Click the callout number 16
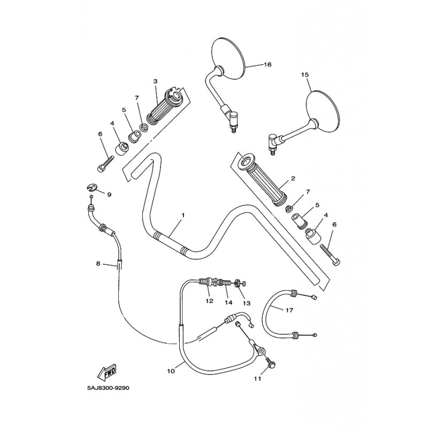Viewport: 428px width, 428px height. tap(267, 64)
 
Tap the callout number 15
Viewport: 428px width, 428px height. tap(305, 75)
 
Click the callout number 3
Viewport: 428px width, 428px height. tap(155, 81)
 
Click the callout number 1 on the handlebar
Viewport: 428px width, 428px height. tap(182, 215)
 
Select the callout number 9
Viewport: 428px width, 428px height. tap(109, 194)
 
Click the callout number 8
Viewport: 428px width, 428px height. tap(98, 263)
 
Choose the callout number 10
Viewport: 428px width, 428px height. tap(171, 370)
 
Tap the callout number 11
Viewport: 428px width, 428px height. tap(258, 379)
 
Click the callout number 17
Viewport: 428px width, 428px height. tap(289, 309)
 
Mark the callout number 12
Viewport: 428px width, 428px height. tap(209, 301)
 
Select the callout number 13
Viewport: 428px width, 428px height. tap(247, 303)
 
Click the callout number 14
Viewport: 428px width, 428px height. tap(228, 303)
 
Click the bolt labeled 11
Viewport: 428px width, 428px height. tap(270, 364)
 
